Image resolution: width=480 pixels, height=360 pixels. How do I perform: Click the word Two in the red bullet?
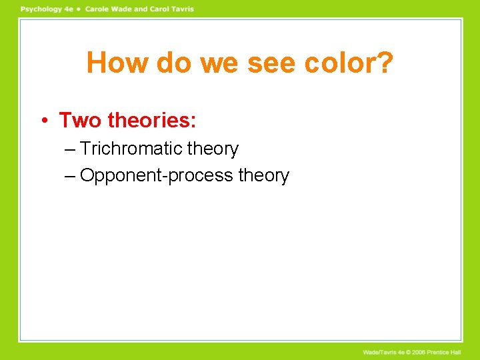[80, 120]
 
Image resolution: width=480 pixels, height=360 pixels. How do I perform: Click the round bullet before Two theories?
[43, 121]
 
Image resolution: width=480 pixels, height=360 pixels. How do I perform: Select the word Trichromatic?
[138, 149]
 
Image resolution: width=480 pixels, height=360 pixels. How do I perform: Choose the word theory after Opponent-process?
[264, 175]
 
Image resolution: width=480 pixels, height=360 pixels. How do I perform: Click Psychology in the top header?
[42, 9]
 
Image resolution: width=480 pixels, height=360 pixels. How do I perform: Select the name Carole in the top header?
[99, 9]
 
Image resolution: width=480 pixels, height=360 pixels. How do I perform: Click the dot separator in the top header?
[79, 9]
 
